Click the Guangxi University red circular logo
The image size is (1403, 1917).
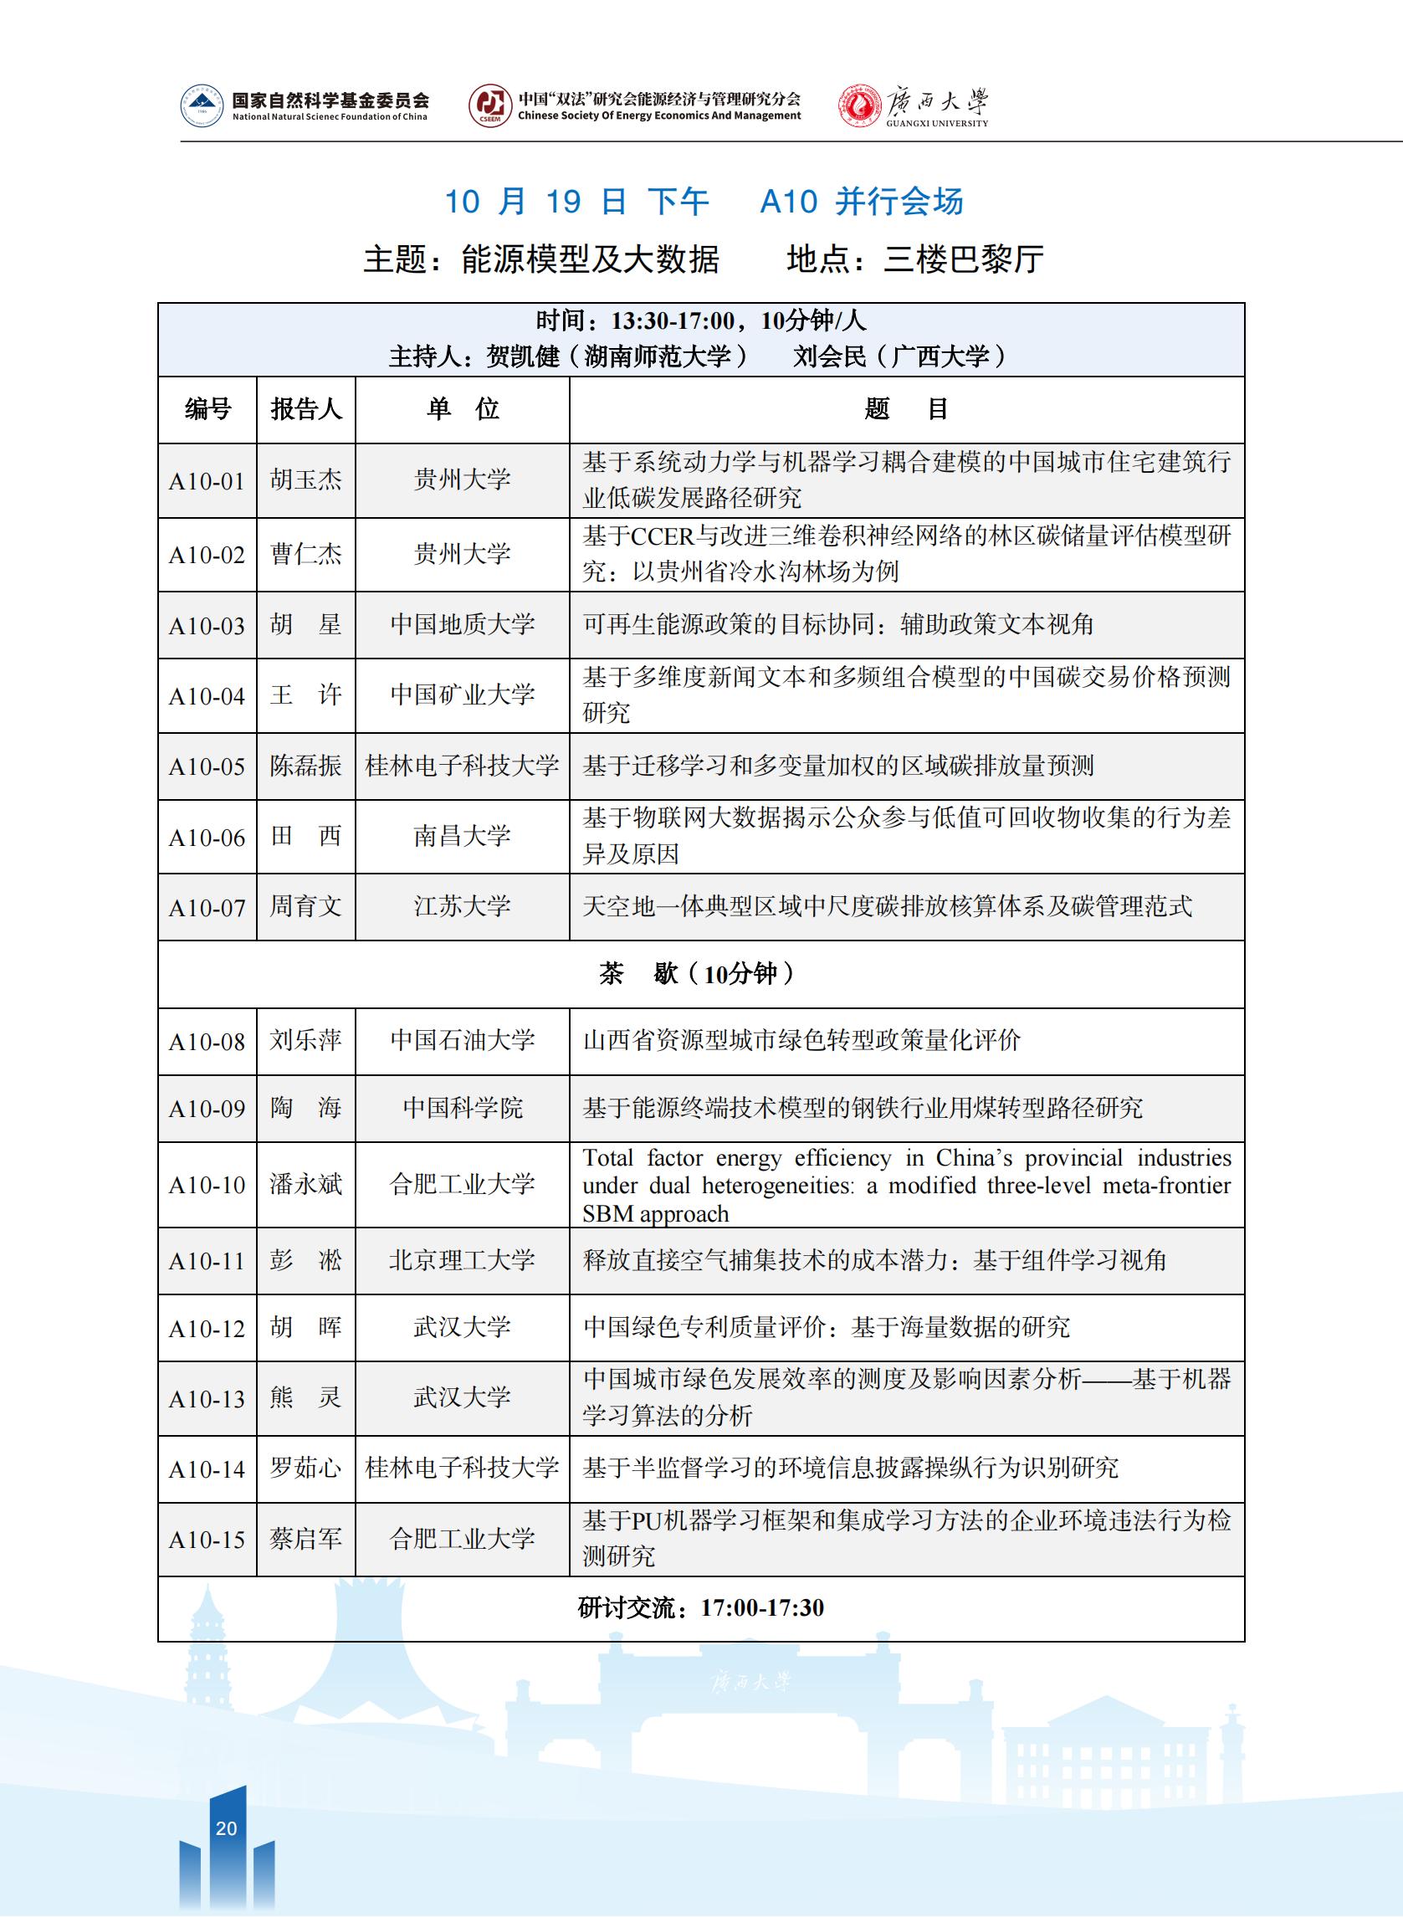(x=858, y=107)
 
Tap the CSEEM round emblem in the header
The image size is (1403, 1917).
(x=490, y=107)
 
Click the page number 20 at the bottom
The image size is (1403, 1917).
(x=226, y=1827)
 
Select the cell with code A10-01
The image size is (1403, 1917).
(x=207, y=481)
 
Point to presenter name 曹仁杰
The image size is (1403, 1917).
(x=305, y=555)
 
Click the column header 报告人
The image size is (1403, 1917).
(x=305, y=409)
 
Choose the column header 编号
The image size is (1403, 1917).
(x=207, y=409)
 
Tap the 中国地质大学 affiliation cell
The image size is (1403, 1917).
(x=462, y=624)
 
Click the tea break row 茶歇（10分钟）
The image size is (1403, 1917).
(x=699, y=973)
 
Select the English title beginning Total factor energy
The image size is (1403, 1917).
(x=906, y=1185)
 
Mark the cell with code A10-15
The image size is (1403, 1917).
(x=207, y=1540)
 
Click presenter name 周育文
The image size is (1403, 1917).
(x=305, y=906)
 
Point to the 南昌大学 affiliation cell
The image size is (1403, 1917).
(x=462, y=836)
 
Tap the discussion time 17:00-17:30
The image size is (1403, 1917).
(x=762, y=1608)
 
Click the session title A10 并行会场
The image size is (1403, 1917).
(x=861, y=202)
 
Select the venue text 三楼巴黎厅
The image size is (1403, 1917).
(x=963, y=259)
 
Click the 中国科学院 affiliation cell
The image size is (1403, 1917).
(x=462, y=1109)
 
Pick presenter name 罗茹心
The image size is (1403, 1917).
(x=305, y=1468)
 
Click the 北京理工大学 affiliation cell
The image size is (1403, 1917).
(x=462, y=1259)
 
